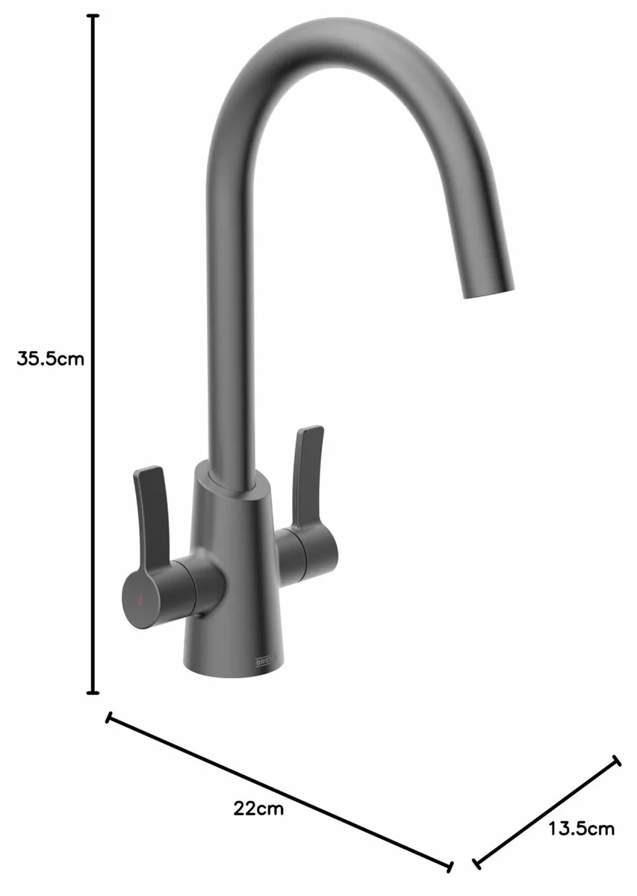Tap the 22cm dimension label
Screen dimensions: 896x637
(258, 808)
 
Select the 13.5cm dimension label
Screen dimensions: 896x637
(581, 828)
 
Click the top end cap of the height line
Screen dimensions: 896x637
(93, 16)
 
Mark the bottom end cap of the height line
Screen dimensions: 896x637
(93, 692)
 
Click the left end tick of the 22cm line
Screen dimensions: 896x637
(110, 718)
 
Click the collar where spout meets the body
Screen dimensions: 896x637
(233, 481)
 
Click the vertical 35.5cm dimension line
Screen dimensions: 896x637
(93, 224)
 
